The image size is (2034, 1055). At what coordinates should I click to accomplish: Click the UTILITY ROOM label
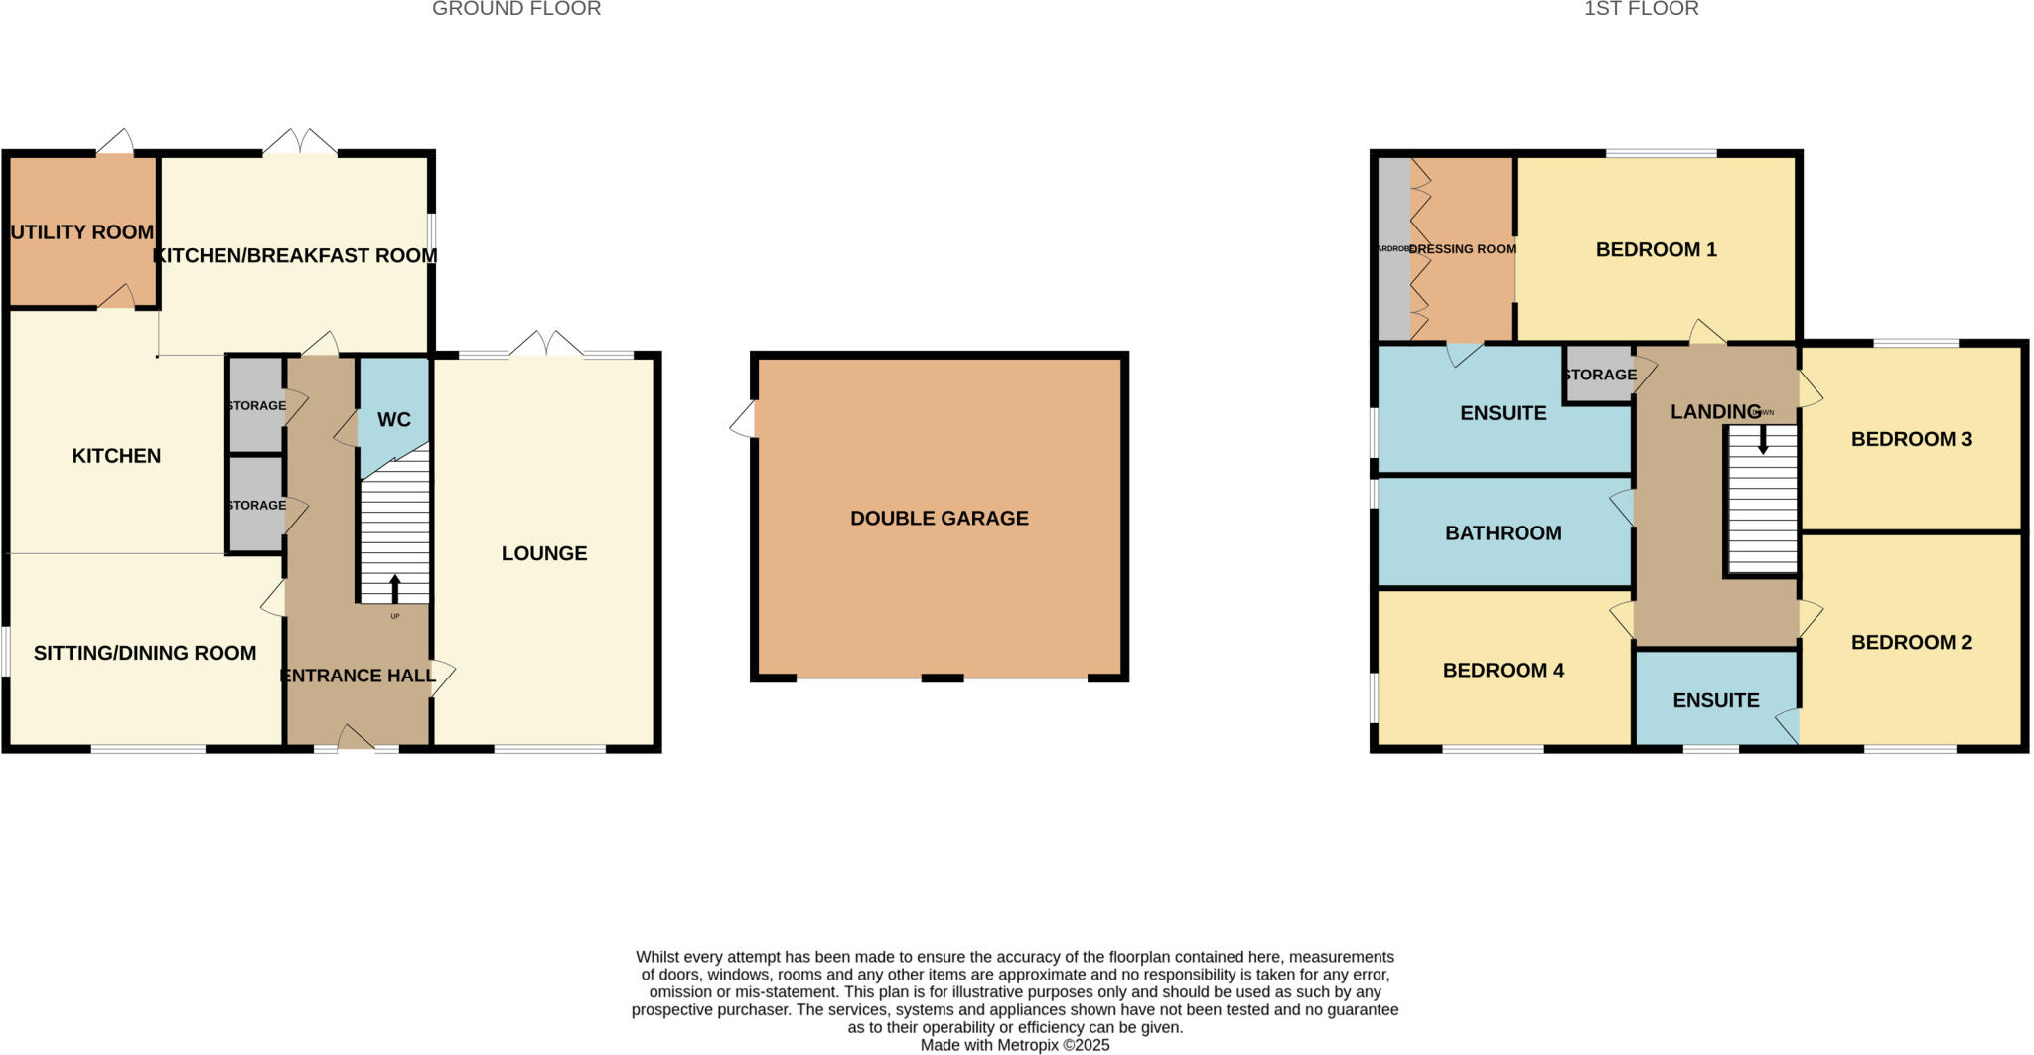coord(82,232)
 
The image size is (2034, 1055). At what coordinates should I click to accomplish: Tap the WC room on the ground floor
coord(394,419)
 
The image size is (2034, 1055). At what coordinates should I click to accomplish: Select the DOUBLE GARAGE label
coord(939,518)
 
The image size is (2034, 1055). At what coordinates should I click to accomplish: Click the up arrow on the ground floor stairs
coord(394,589)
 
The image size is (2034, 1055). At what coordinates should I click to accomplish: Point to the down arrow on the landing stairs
coord(1763,440)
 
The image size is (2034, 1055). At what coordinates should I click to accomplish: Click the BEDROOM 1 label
coord(1656,249)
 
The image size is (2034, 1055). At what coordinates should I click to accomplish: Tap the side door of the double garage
coord(744,419)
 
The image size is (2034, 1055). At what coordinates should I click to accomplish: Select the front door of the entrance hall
coord(356,740)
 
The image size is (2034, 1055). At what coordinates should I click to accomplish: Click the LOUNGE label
coord(544,553)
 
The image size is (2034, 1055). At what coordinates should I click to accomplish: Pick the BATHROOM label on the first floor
coord(1503,533)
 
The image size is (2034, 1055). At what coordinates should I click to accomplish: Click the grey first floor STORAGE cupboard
coord(1599,375)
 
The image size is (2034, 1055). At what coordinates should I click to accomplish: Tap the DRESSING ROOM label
coord(1462,249)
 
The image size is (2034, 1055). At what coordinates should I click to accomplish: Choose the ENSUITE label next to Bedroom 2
coord(1715,700)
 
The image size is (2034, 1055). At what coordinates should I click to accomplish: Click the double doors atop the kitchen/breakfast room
coord(300,143)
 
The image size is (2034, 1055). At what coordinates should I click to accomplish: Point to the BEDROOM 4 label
coord(1503,671)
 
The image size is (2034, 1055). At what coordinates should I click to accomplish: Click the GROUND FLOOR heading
coord(516,9)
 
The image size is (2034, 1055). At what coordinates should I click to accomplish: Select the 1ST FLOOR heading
coord(1641,9)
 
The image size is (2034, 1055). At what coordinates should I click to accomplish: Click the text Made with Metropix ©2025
coord(1014,1045)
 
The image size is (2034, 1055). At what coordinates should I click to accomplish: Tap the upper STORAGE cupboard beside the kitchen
coord(256,405)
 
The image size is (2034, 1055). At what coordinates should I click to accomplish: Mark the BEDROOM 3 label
coord(1911,439)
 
